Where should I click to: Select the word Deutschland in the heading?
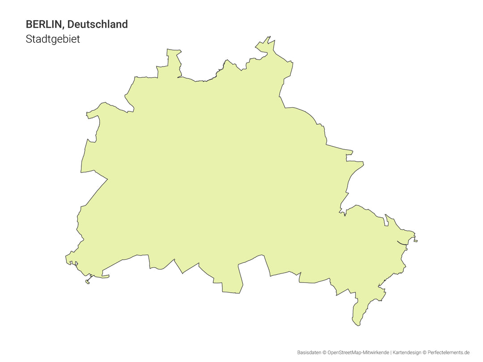pyautogui.click(x=97, y=24)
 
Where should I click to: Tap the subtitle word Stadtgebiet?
pyautogui.click(x=53, y=39)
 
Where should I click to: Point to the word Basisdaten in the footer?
pyautogui.click(x=309, y=353)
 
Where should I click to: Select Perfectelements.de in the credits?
pyautogui.click(x=449, y=353)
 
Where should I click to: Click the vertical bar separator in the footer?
pyautogui.click(x=391, y=353)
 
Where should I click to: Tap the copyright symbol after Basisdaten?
pyautogui.click(x=324, y=353)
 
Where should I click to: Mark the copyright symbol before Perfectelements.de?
pyautogui.click(x=424, y=353)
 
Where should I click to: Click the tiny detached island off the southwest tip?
pyautogui.click(x=88, y=282)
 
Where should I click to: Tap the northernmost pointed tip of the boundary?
pyautogui.click(x=269, y=37)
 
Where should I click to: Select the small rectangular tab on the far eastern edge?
pyautogui.click(x=415, y=241)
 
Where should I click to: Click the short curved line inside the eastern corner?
pyautogui.click(x=402, y=243)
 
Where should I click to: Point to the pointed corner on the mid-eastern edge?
pyautogui.click(x=363, y=164)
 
